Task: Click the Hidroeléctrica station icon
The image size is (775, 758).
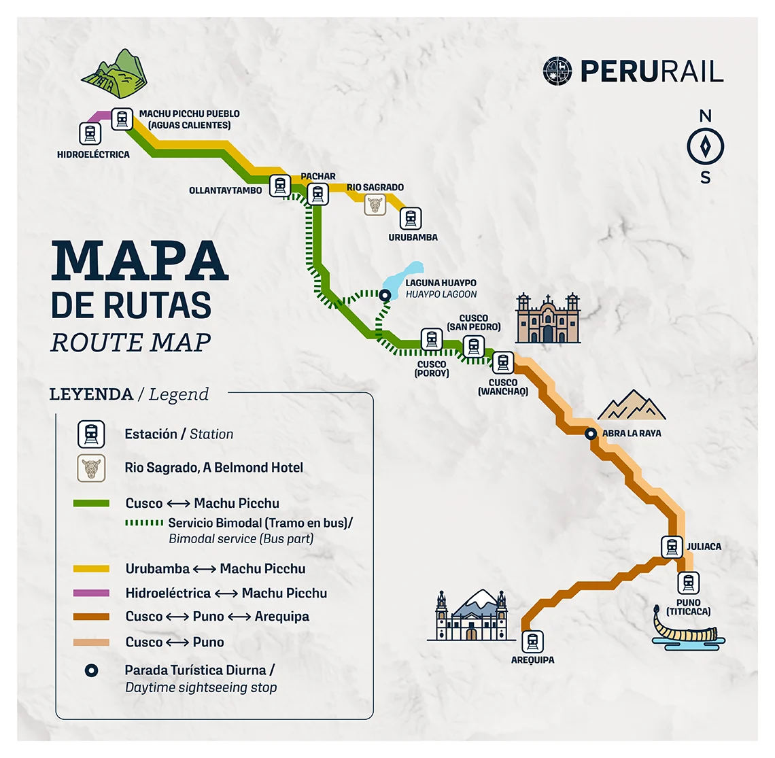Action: click(90, 133)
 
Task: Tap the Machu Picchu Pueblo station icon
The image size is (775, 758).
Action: click(122, 119)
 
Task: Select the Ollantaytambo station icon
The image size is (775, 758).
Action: click(279, 185)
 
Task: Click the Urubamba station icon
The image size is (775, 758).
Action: click(410, 219)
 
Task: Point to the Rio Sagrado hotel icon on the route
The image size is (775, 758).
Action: click(375, 205)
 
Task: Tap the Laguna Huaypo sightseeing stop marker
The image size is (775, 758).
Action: click(385, 295)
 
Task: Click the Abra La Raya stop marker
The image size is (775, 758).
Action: click(591, 434)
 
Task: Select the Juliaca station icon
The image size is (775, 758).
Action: click(672, 547)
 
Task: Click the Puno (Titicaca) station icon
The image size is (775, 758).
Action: click(688, 583)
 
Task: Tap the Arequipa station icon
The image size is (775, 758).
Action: click(532, 642)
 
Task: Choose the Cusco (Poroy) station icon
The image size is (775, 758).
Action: click(432, 339)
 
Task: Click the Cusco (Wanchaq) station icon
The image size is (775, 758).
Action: click(503, 362)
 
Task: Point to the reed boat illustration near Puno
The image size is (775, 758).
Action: click(687, 629)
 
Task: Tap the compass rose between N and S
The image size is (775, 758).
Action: click(706, 147)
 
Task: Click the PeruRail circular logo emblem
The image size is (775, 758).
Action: click(557, 71)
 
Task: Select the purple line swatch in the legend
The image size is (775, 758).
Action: click(91, 593)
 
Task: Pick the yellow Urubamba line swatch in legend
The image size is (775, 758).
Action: click(91, 569)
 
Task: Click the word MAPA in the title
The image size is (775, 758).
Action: click(139, 261)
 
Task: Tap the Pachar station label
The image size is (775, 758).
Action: click(318, 176)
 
